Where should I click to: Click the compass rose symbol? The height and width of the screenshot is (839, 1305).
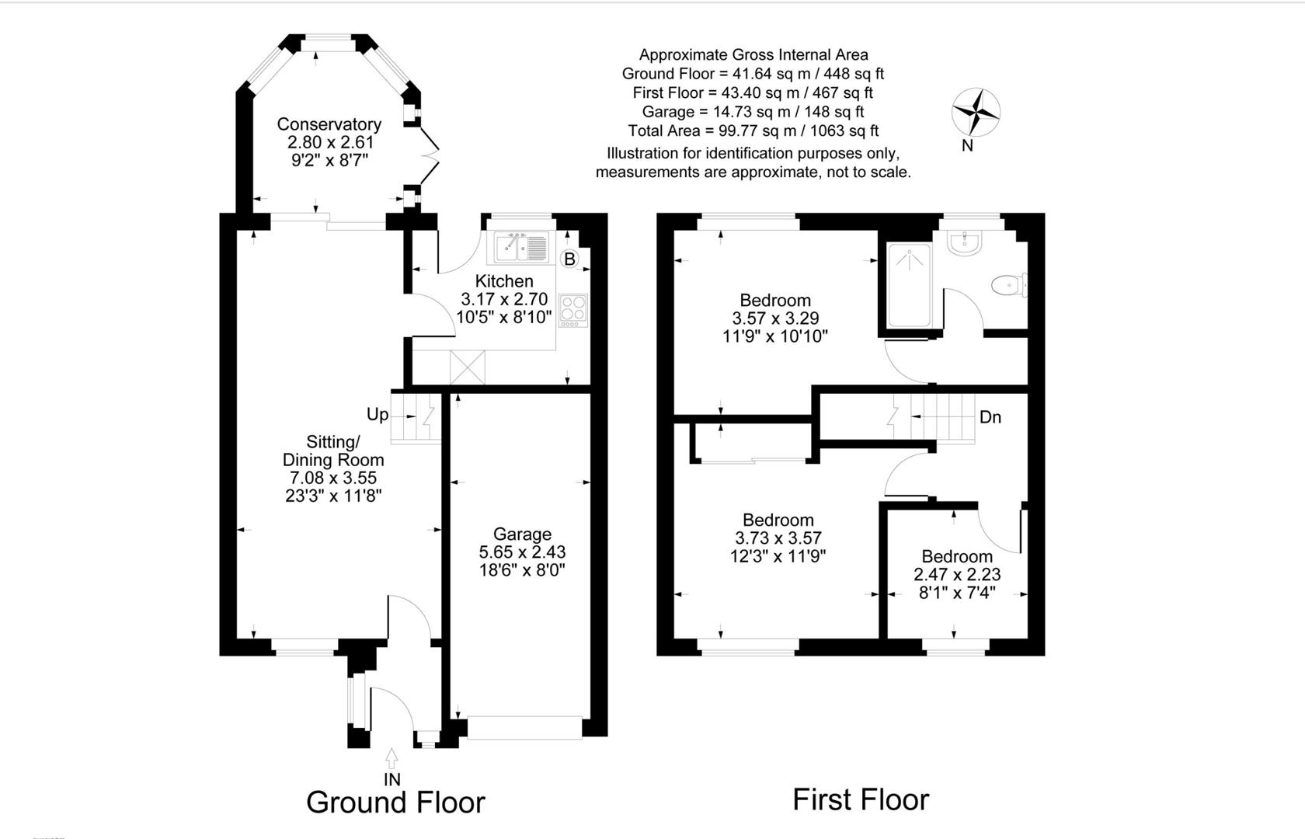tap(976, 113)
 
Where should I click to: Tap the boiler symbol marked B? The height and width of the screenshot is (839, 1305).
tap(569, 259)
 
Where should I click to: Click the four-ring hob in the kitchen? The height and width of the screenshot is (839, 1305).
tap(573, 308)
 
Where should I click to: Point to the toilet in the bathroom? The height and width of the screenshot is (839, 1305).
tap(1010, 285)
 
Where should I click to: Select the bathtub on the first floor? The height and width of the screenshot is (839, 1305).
tap(909, 285)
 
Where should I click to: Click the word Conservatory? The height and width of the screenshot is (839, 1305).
tap(329, 124)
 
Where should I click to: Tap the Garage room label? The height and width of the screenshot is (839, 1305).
tap(522, 534)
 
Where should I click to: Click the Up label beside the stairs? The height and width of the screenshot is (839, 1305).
tap(378, 415)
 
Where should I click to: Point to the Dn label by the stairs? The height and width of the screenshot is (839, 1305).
tap(990, 418)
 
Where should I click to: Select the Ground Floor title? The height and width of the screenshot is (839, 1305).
tap(395, 802)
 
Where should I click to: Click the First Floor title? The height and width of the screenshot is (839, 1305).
tap(860, 800)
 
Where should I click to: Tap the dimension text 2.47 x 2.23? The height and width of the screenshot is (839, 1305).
tap(957, 575)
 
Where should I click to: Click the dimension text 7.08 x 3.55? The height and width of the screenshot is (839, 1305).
tap(332, 478)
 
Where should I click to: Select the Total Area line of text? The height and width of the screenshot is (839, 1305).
tap(753, 131)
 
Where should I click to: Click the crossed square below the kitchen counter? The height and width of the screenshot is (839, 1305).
tap(467, 367)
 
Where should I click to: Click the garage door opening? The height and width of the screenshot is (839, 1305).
tap(524, 728)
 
